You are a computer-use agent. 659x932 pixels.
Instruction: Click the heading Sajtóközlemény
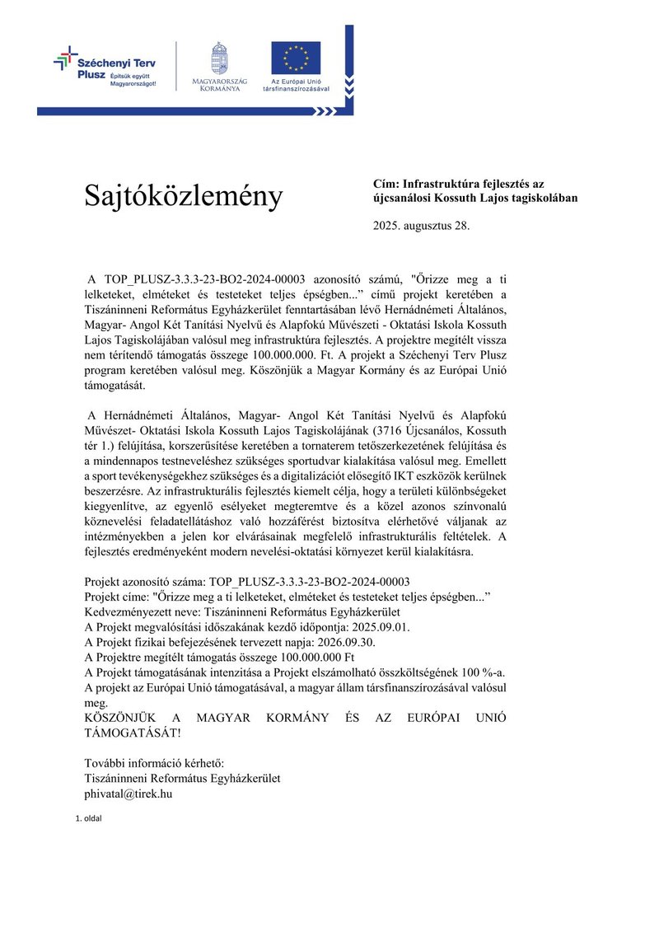pos(183,196)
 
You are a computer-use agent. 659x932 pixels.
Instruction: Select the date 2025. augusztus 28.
pos(421,225)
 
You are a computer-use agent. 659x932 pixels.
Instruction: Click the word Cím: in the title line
pos(386,185)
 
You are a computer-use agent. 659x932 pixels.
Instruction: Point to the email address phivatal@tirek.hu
pos(129,794)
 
